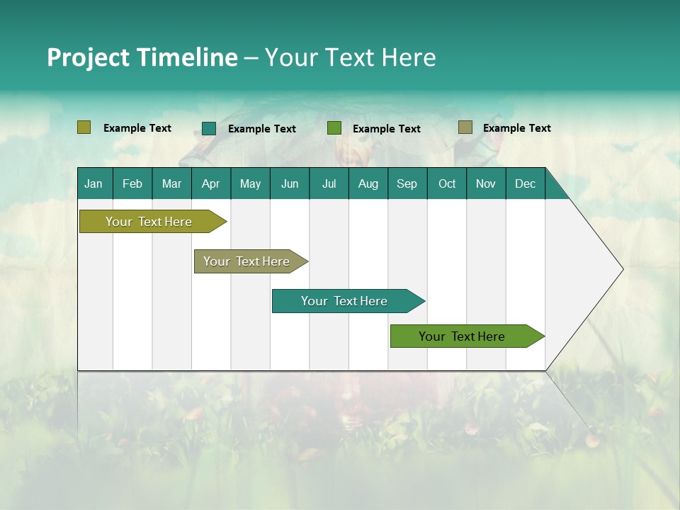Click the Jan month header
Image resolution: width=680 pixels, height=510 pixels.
93,183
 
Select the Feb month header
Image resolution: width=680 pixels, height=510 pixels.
132,183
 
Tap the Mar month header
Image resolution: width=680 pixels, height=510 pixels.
171,183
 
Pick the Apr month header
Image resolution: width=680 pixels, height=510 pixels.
210,183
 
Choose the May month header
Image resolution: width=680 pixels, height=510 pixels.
250,183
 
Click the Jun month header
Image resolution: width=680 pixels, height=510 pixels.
290,183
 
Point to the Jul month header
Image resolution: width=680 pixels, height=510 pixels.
329,183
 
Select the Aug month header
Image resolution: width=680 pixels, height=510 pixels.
368,183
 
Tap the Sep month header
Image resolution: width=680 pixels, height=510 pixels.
407,183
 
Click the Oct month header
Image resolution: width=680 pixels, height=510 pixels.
447,183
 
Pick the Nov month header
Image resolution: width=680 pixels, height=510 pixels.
486,183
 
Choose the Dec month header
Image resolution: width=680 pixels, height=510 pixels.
525,183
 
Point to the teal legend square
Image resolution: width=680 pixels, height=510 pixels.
209,128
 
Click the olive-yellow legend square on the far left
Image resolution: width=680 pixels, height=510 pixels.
84,127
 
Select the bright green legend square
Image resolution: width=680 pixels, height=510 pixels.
334,128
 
